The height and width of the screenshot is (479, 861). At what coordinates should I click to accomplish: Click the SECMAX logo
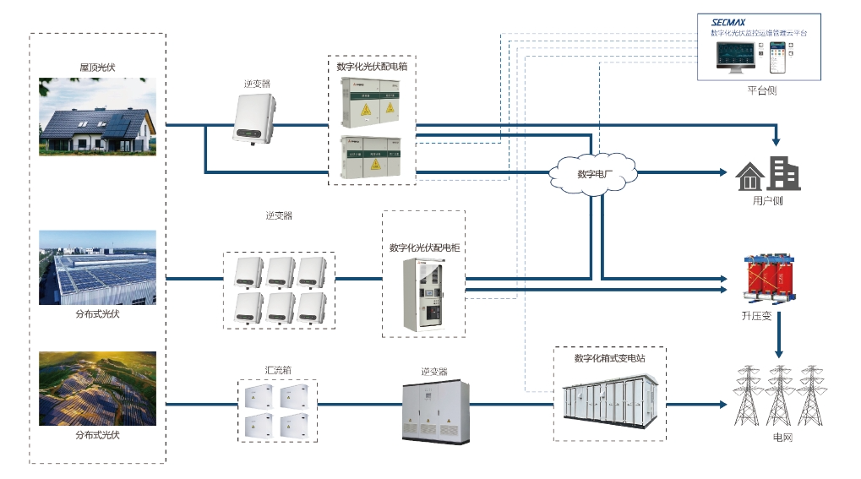pos(727,22)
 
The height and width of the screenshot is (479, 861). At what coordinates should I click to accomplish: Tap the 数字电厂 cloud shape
pos(593,175)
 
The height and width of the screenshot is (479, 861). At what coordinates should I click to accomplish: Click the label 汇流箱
pos(278,370)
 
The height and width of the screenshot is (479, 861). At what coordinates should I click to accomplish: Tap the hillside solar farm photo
pos(98,389)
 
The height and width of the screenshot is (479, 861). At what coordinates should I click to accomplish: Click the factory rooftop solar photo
pos(98,267)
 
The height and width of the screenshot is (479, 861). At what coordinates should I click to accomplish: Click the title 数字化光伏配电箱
pos(373,66)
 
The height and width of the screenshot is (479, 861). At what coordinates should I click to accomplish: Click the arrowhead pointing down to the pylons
pos(779,351)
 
